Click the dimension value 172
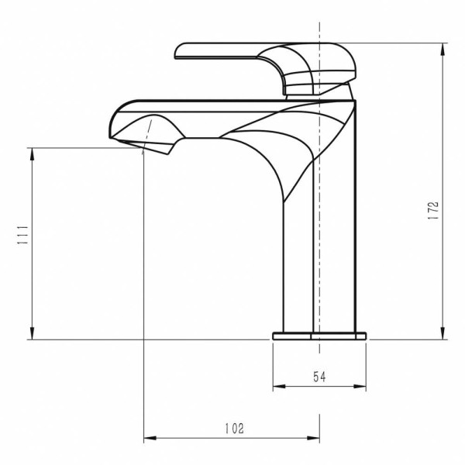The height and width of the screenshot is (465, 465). pos(433,210)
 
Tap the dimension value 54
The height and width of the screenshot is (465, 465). pos(319,377)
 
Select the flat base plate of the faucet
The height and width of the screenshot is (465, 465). pos(319,336)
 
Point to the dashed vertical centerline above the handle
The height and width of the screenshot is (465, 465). pos(319,31)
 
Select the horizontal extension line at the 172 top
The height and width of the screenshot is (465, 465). pos(403,43)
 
